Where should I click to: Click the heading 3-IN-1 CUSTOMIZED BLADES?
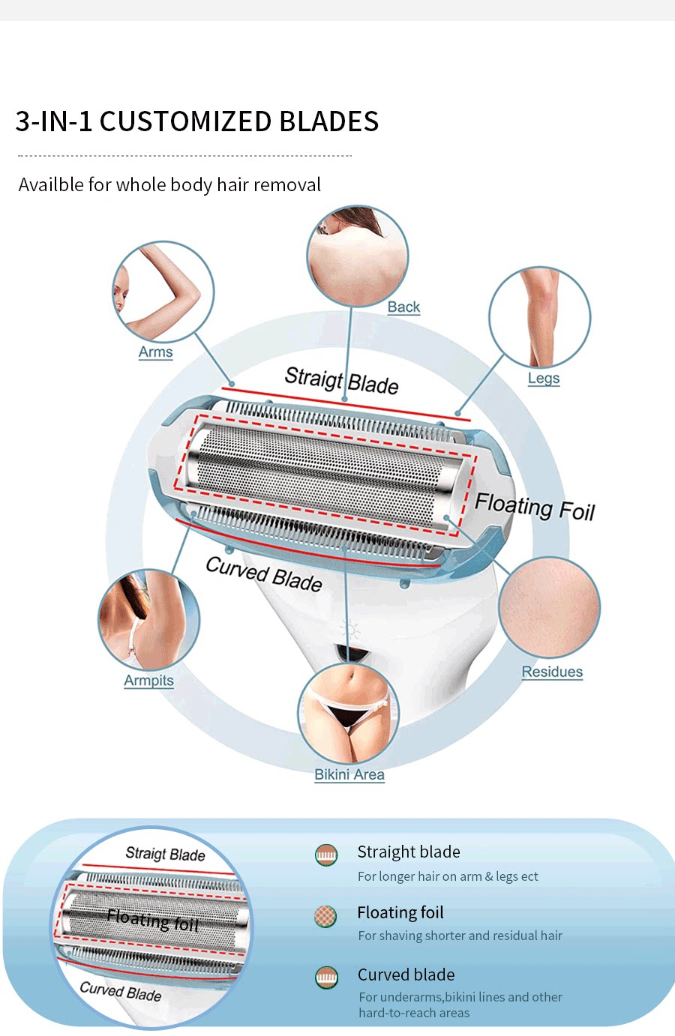point(197,121)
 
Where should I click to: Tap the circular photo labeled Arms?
point(163,292)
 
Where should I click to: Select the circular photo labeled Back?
point(358,256)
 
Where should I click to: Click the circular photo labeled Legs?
point(539,317)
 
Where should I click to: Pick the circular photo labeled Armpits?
point(149,619)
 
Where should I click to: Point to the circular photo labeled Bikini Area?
point(348,713)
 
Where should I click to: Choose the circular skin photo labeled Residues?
point(549,607)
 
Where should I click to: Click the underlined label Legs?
point(544,379)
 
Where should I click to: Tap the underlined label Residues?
point(552,672)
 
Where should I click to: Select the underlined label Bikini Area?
point(349,774)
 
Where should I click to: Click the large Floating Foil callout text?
point(535,508)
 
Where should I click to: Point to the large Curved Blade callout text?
point(264,574)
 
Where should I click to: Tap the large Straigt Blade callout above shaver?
point(341,381)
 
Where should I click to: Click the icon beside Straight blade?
point(326,855)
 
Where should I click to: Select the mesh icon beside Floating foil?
point(325,916)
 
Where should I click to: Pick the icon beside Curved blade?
point(327,978)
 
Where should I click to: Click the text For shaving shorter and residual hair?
point(460,936)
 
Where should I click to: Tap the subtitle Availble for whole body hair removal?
point(169,184)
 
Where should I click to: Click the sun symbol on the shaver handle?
point(350,630)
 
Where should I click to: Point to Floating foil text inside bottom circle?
point(153,920)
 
